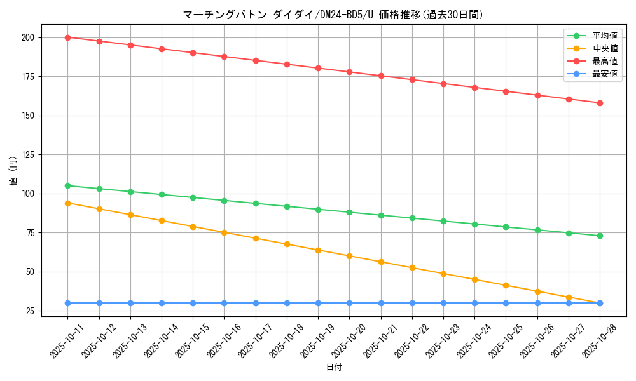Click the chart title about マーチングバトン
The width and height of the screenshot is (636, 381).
click(333, 14)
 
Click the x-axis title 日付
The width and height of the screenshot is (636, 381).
click(334, 368)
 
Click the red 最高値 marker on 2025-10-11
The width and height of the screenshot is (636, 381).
click(67, 37)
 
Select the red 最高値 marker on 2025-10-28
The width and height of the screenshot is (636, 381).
click(600, 103)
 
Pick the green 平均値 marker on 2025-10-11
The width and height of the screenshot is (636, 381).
click(67, 185)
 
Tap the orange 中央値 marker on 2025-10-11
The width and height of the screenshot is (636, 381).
click(67, 203)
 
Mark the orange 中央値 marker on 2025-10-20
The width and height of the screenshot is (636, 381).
click(349, 256)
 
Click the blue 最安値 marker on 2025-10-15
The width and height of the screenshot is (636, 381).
click(193, 303)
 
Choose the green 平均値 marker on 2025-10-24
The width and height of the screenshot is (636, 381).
click(474, 224)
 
